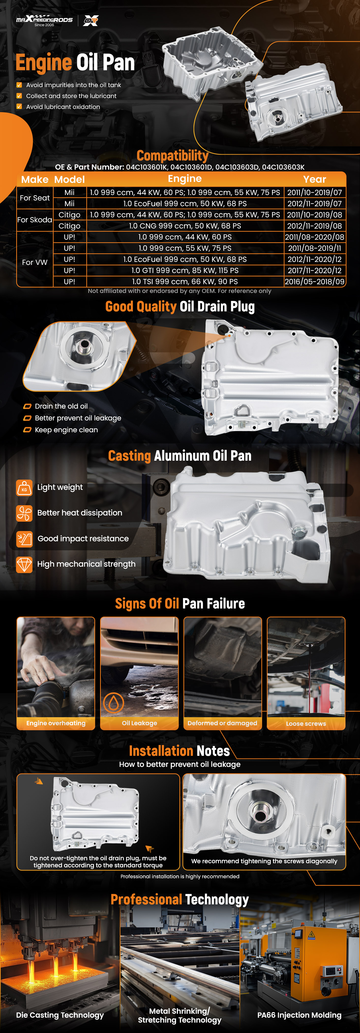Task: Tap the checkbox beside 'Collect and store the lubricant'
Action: [19, 96]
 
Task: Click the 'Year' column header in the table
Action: [315, 179]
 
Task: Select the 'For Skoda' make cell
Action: [35, 220]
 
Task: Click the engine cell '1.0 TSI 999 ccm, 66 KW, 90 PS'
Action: [185, 282]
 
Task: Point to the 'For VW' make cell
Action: [35, 262]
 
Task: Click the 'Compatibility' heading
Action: [172, 156]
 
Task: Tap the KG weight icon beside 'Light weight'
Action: [24, 488]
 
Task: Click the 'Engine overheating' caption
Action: [56, 723]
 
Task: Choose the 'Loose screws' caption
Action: [306, 723]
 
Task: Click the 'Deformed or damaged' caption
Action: [223, 723]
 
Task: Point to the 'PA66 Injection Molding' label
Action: [300, 1015]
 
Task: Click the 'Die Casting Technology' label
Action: [60, 1015]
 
